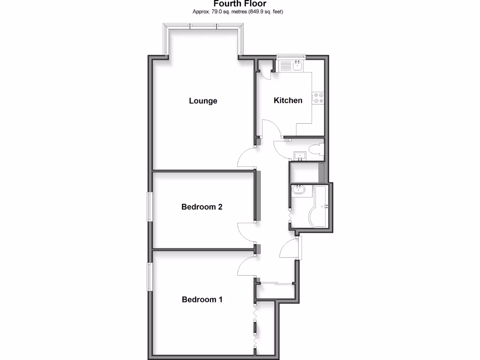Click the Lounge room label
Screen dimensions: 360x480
click(203, 101)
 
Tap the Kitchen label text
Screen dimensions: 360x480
click(288, 100)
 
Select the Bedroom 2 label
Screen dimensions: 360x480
click(202, 207)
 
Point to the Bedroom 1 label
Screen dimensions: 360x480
click(202, 300)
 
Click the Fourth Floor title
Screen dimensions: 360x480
click(239, 4)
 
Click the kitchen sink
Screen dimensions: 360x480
click(297, 66)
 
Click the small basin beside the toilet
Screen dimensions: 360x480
click(299, 156)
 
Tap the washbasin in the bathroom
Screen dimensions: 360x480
click(298, 190)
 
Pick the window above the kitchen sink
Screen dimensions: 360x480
click(291, 57)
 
